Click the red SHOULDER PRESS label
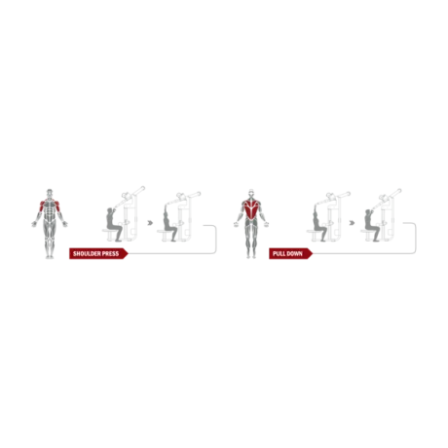[97, 253]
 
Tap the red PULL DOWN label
[288, 253]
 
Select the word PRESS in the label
[112, 253]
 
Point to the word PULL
[280, 253]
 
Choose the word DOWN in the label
[295, 253]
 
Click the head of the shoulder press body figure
[47, 193]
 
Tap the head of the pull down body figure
[250, 193]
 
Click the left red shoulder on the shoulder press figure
[38, 205]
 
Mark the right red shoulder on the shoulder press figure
[56, 205]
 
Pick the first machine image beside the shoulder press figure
[123, 214]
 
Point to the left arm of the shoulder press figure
[30, 220]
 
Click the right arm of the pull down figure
[268, 222]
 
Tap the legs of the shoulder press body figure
[47, 248]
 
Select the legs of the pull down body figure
[250, 248]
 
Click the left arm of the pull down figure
[233, 222]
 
